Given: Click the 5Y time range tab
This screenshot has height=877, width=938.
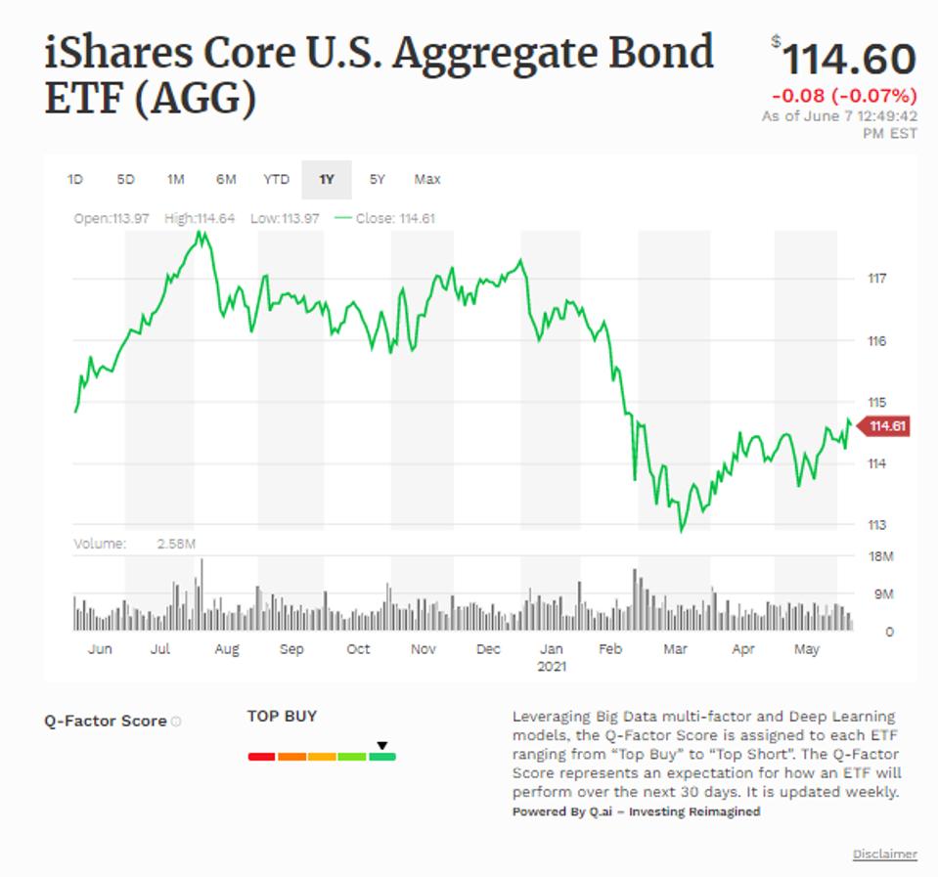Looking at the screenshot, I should click(378, 179).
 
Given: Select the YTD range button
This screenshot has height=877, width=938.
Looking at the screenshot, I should click(277, 179).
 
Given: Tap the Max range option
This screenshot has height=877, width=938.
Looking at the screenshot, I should click(427, 179).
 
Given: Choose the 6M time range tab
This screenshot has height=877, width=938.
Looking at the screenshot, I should click(226, 179).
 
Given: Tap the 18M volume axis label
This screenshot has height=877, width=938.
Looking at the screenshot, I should click(881, 556).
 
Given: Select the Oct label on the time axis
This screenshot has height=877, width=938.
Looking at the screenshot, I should click(359, 649).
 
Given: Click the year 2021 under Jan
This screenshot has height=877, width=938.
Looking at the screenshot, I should click(553, 666).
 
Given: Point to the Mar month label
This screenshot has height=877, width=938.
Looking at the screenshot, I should click(675, 649).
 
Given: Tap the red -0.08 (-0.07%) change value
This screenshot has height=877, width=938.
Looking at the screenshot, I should click(844, 96).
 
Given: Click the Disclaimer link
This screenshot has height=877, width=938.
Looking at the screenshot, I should click(884, 855).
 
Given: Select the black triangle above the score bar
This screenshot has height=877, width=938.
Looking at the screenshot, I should click(382, 745).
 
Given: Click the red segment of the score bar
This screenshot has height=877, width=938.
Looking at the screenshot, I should click(261, 756).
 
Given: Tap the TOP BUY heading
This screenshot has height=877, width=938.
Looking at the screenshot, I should click(282, 716).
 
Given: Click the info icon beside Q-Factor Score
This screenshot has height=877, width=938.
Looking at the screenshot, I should click(176, 722).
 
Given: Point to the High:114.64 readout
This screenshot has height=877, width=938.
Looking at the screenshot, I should click(200, 218).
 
